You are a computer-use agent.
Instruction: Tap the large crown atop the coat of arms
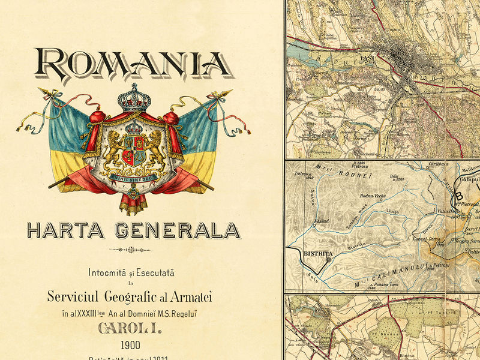click(133, 97)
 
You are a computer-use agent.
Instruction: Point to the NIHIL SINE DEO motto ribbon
click(133, 177)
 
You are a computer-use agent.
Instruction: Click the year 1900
click(130, 345)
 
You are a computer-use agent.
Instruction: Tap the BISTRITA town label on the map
click(318, 253)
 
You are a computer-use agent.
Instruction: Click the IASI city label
click(366, 59)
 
